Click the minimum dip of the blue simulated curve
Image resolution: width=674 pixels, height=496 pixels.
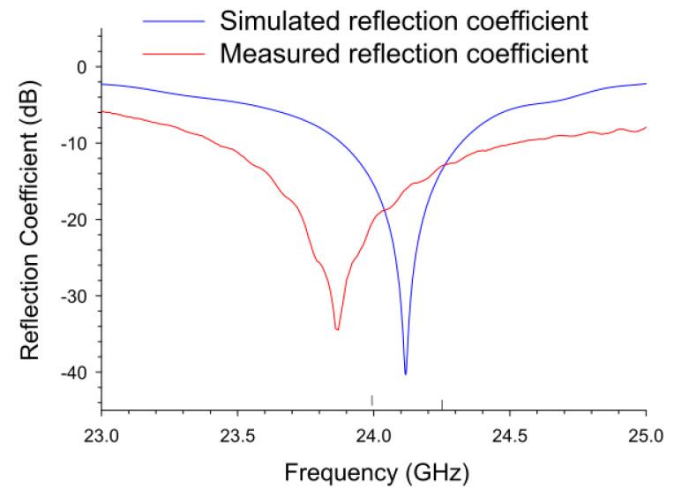click(x=406, y=374)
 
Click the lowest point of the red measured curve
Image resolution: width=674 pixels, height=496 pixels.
click(x=337, y=329)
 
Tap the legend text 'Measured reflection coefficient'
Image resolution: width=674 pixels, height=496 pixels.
click(x=403, y=54)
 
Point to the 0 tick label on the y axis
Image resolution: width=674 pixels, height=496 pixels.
click(x=81, y=67)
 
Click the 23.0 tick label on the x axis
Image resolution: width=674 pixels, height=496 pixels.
click(x=102, y=434)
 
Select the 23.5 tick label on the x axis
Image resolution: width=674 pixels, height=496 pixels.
click(x=238, y=434)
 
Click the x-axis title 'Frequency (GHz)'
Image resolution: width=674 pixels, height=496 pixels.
click(x=374, y=473)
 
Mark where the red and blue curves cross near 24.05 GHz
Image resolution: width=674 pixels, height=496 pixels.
click(x=385, y=209)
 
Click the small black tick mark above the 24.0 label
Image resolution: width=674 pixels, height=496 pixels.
click(x=372, y=399)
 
